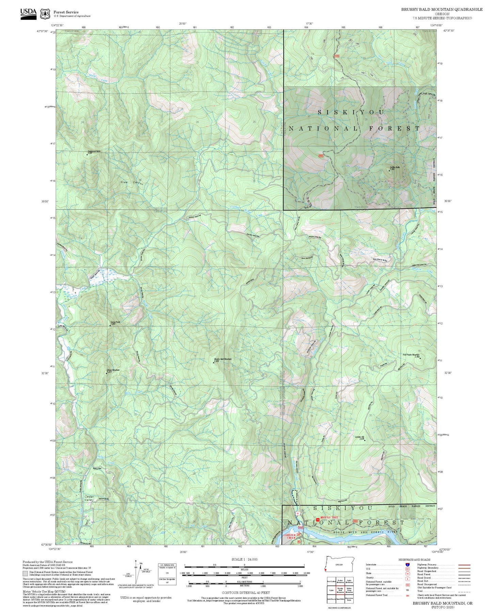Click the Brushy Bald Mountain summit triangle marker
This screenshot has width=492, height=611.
tap(213, 362)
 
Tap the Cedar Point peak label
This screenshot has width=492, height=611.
tap(115, 322)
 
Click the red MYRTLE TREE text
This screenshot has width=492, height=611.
tap(329, 517)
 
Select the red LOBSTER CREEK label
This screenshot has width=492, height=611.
tap(289, 536)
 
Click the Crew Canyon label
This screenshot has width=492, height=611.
tap(132, 183)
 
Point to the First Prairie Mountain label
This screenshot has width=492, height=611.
tap(411, 355)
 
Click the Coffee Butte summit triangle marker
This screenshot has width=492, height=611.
tap(390, 170)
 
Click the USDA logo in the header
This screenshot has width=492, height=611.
tap(28, 14)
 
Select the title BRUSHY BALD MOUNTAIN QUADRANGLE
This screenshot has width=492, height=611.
tap(442, 9)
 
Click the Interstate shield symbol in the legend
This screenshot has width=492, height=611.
tap(407, 565)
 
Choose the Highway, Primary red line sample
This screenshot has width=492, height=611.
tap(464, 565)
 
